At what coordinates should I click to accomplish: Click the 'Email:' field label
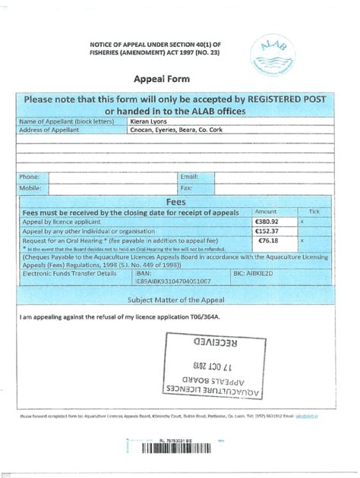tap(189, 177)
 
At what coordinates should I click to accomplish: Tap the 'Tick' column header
tap(314, 212)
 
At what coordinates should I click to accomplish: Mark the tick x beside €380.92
tap(302, 221)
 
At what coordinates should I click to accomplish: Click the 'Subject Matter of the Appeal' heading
tap(175, 300)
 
